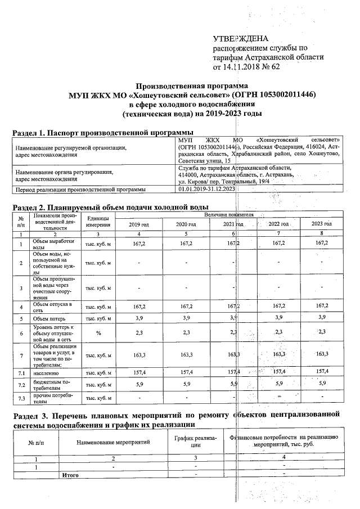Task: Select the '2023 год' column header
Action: [322, 224]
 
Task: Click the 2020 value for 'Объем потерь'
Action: [186, 318]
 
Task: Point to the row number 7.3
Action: [21, 398]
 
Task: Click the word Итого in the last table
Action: [69, 475]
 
